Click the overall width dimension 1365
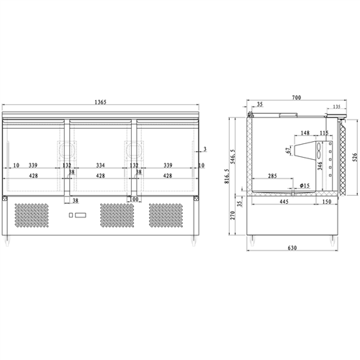point(100,103)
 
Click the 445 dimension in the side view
point(284,202)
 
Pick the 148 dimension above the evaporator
point(305,133)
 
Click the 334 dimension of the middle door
point(101,165)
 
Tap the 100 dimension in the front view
point(134,199)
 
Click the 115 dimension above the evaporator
point(323,133)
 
